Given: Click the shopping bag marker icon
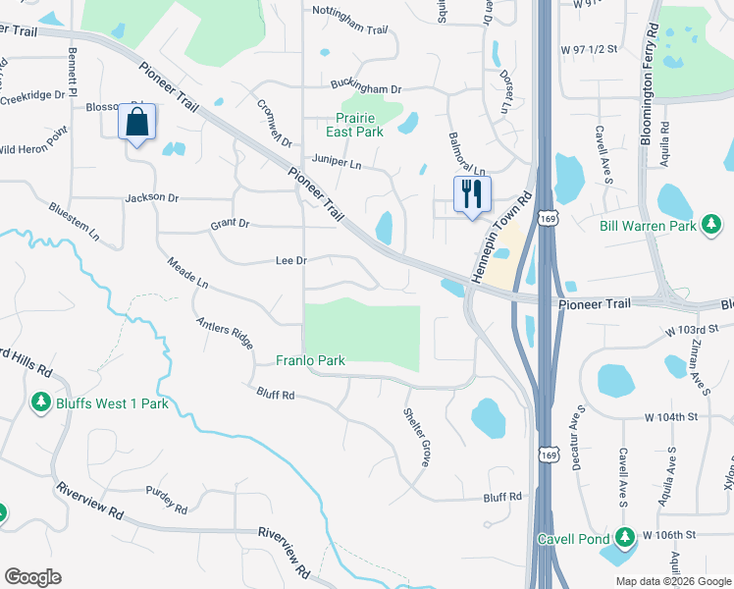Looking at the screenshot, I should [x=136, y=124].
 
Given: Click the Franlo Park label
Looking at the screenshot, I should [x=310, y=361].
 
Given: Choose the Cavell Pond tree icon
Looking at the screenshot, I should [x=624, y=538].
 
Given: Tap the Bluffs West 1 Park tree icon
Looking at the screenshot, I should [x=41, y=402].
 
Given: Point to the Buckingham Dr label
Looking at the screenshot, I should [x=366, y=88].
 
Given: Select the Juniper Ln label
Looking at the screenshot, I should [x=337, y=163].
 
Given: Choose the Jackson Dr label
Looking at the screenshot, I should [x=152, y=198].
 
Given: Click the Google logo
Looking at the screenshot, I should [x=32, y=577].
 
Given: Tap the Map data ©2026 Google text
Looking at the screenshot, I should [x=672, y=581].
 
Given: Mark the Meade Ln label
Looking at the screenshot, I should [x=187, y=274].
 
